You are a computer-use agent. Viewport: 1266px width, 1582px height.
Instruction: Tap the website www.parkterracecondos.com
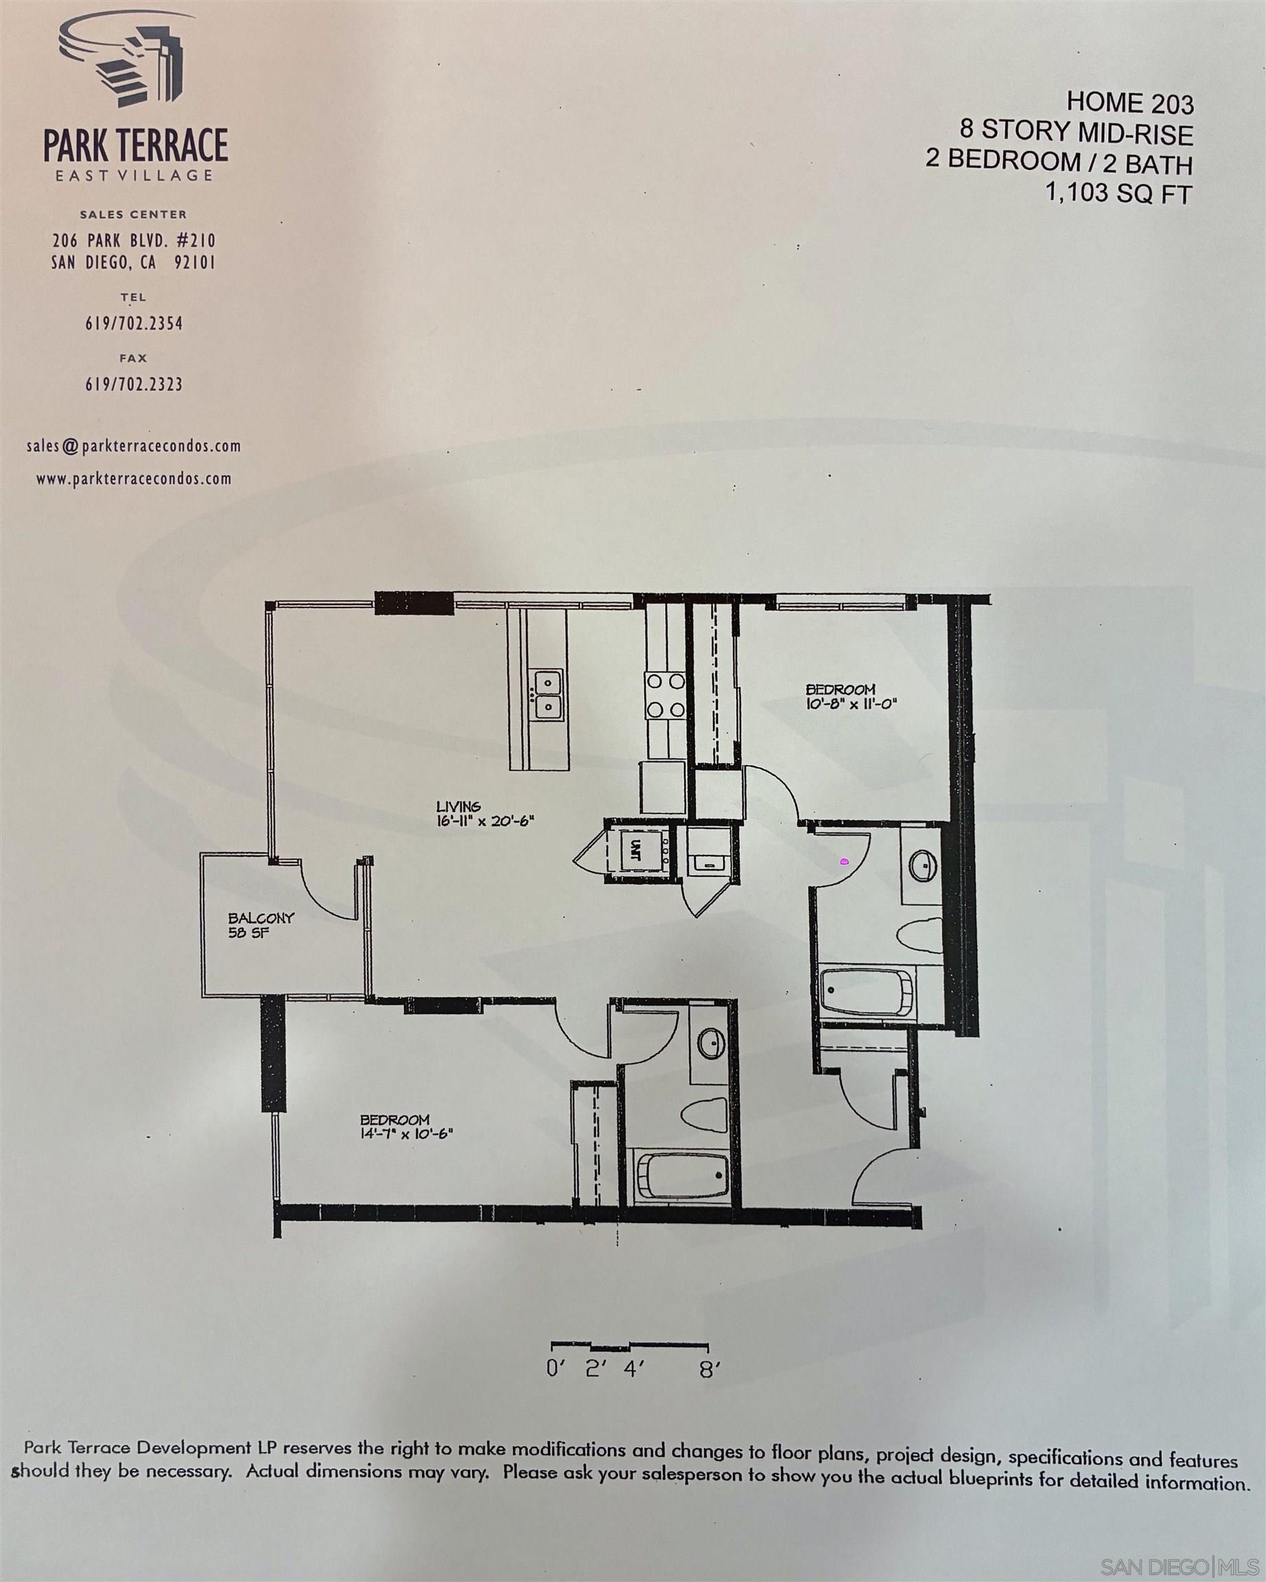click(134, 479)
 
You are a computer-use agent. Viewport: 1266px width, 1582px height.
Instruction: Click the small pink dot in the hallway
click(844, 862)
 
